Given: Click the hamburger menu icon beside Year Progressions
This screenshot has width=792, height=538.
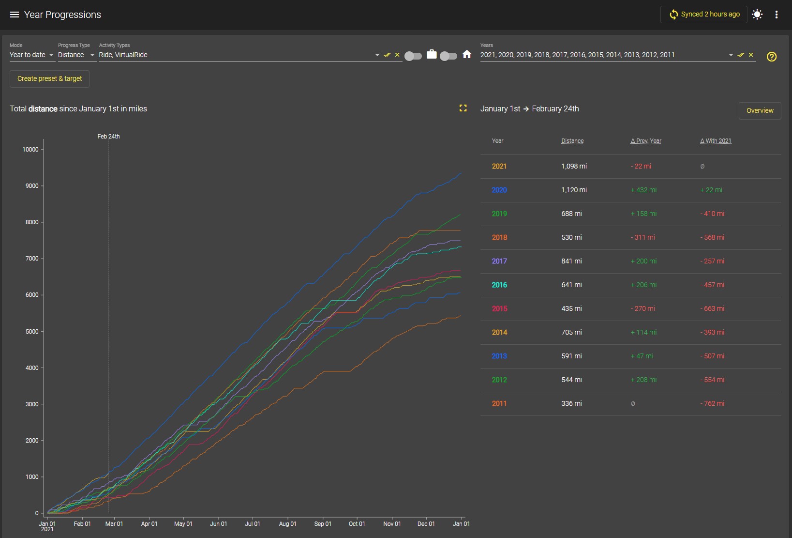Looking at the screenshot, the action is [15, 15].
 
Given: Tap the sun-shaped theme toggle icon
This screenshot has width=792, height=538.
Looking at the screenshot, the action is [757, 15].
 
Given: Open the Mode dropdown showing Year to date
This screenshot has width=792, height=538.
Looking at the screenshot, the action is [31, 55].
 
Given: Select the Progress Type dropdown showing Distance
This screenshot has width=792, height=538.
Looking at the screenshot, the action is [76, 55].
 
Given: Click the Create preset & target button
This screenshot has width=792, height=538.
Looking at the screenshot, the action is [49, 78].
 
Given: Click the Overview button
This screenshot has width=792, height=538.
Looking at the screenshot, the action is [760, 110].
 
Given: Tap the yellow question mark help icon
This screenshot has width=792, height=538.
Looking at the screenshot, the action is [772, 57].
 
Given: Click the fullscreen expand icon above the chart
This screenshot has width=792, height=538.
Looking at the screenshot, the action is [463, 108].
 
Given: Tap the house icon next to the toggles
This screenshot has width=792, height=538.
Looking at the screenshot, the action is [467, 55].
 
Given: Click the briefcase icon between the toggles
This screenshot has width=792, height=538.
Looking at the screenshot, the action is [432, 55].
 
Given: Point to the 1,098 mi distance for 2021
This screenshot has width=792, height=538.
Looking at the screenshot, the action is [574, 167].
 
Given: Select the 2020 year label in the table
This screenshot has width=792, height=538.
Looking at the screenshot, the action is [499, 190].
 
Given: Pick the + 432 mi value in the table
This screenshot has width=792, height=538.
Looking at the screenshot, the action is [643, 190].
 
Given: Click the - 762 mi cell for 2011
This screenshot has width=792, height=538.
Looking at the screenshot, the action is [712, 403].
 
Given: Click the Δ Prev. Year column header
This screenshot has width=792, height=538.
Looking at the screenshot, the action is [645, 141].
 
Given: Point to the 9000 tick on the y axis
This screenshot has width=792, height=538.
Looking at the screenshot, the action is [32, 186].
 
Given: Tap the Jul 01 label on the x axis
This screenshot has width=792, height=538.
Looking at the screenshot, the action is [253, 524].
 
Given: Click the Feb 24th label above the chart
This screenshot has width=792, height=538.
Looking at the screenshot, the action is [108, 137].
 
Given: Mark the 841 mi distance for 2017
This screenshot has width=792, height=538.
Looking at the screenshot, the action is [571, 261].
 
